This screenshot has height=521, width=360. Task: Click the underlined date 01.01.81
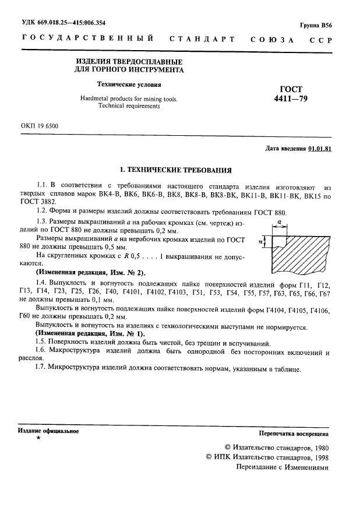[320, 149]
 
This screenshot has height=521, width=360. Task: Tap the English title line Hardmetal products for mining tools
[129, 99]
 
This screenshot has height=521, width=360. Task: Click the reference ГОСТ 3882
[38, 201]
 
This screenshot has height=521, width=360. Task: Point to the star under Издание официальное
[38, 438]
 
